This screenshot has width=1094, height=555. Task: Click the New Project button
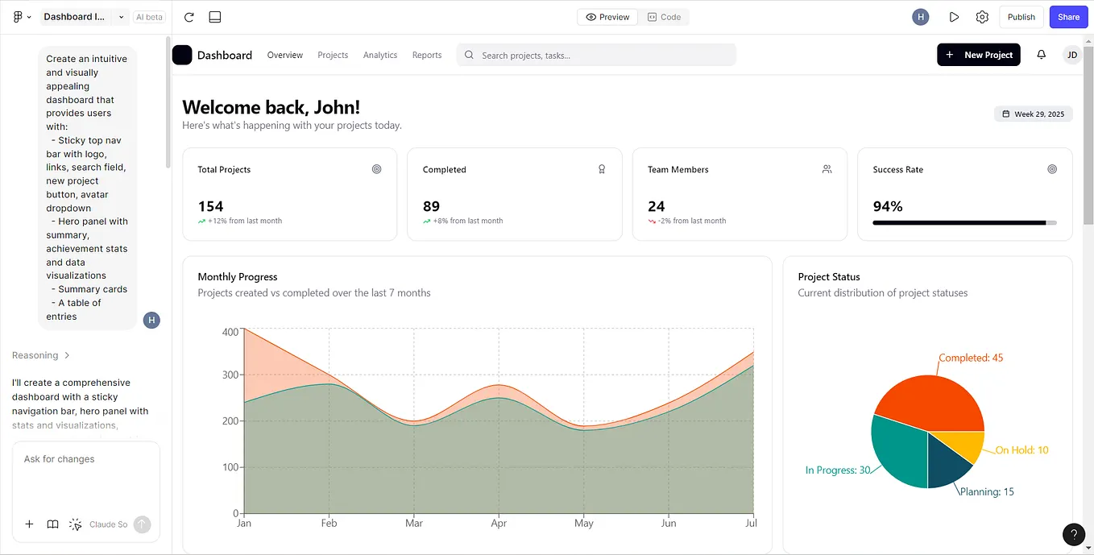979,55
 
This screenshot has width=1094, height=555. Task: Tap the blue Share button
1068,17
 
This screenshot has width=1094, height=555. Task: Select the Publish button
1021,17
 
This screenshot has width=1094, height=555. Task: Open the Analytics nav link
380,56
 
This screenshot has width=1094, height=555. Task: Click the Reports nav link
427,56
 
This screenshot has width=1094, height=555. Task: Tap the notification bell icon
1041,55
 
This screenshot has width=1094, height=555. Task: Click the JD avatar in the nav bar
1071,55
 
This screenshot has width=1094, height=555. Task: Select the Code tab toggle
665,17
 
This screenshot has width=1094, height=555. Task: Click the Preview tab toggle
608,17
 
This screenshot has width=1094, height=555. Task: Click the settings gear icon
982,17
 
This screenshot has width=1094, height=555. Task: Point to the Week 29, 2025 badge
1033,114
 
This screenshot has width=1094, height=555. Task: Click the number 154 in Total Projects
210,206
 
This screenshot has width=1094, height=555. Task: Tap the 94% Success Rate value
888,206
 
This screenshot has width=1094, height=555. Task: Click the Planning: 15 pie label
987,491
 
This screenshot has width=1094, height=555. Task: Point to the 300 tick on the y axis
230,375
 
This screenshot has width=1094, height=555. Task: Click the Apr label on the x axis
499,524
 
